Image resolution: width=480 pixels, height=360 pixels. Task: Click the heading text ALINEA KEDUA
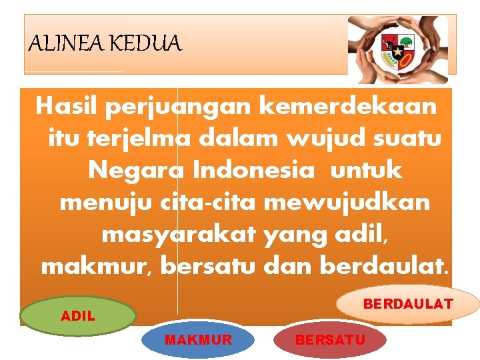pyautogui.click(x=105, y=44)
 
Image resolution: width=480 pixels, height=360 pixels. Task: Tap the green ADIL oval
pyautogui.click(x=78, y=316)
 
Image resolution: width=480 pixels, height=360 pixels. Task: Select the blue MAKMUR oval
pyautogui.click(x=198, y=340)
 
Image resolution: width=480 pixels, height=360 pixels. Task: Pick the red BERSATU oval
pyautogui.click(x=330, y=340)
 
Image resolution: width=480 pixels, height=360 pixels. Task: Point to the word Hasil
pyautogui.click(x=66, y=106)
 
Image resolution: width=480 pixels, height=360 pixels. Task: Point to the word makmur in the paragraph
pyautogui.click(x=97, y=266)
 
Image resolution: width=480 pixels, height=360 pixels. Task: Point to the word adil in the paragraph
pyautogui.click(x=358, y=234)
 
